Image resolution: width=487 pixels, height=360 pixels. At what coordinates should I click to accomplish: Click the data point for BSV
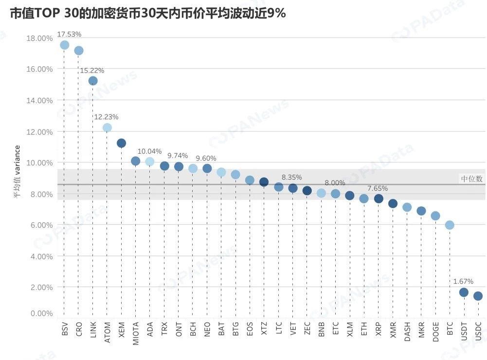[x=64, y=45]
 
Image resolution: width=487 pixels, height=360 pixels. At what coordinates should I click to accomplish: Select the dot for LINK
[x=93, y=81]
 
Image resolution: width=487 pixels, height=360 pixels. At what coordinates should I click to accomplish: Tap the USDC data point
[x=478, y=296]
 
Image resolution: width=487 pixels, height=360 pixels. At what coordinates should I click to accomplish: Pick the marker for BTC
[x=450, y=225]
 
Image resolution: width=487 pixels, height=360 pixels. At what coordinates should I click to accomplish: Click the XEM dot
[x=121, y=143]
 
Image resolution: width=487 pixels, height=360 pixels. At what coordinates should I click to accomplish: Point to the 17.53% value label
[x=69, y=34]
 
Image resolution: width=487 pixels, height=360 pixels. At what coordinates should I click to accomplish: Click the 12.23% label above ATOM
[x=106, y=117]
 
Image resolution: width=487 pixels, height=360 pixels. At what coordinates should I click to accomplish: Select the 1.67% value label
[x=463, y=281]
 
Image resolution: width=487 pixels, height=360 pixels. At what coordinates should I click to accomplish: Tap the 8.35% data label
[x=291, y=177]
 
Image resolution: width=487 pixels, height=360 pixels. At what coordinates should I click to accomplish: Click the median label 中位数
[x=471, y=179]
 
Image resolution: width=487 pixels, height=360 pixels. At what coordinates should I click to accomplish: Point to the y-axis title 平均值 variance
[x=16, y=171]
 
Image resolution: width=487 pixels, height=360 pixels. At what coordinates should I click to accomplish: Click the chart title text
[x=147, y=14]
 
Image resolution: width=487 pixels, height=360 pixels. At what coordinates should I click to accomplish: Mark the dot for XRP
[x=379, y=198]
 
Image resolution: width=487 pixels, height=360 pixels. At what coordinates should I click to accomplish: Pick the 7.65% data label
[x=378, y=188]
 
